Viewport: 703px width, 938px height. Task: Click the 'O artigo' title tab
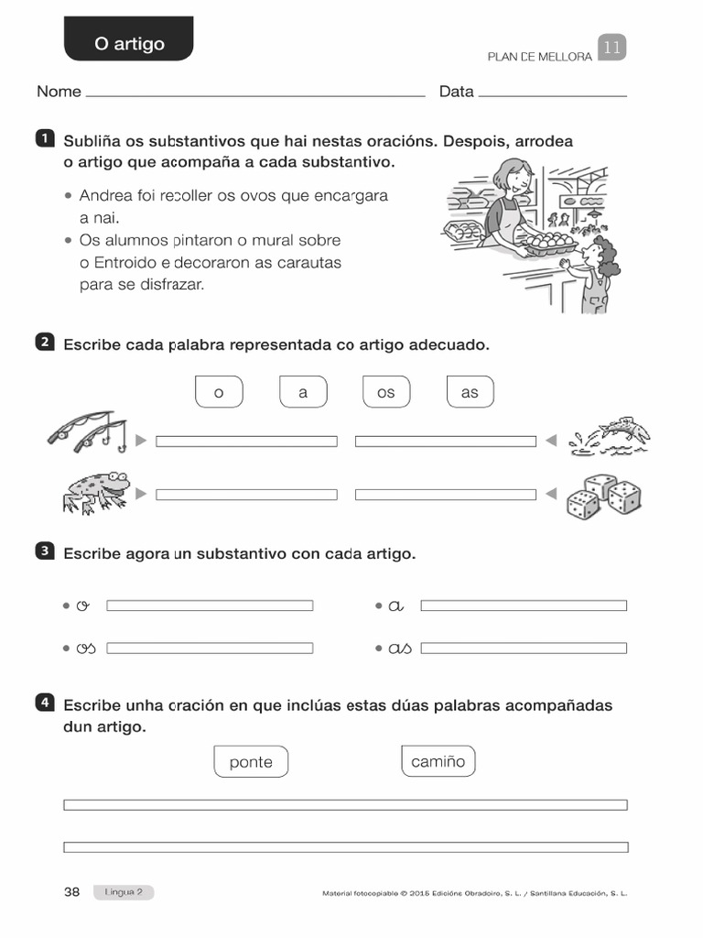pyautogui.click(x=129, y=43)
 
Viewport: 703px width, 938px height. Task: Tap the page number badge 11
pyautogui.click(x=611, y=49)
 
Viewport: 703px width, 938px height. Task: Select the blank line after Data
pyautogui.click(x=552, y=93)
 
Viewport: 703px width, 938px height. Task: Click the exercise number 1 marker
pyautogui.click(x=43, y=139)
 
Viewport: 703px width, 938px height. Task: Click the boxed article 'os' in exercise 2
pyautogui.click(x=386, y=392)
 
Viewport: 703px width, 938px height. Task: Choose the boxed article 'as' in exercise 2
pyautogui.click(x=470, y=392)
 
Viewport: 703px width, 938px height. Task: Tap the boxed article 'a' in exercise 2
pyautogui.click(x=303, y=392)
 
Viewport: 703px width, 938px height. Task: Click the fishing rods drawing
pyautogui.click(x=88, y=431)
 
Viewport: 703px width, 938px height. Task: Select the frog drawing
pyautogui.click(x=94, y=491)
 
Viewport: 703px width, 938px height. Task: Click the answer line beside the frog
pyautogui.click(x=246, y=495)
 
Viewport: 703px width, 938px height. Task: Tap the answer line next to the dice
pyautogui.click(x=445, y=495)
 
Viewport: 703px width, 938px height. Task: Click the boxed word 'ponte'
pyautogui.click(x=251, y=762)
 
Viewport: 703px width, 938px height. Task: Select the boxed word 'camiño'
pyautogui.click(x=438, y=761)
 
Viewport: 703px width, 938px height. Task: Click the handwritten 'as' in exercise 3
pyautogui.click(x=400, y=649)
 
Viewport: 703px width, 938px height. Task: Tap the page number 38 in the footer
pyautogui.click(x=72, y=892)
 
